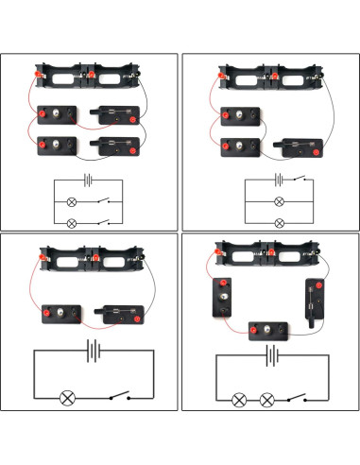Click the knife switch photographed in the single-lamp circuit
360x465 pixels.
pos(120,313)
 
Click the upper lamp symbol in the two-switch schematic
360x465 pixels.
pos(71,202)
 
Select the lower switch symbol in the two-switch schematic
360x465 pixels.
pos(106,222)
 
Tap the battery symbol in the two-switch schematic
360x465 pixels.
pos(89,179)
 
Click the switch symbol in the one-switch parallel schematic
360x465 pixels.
pos(300,179)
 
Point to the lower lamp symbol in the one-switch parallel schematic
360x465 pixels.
pos(278,222)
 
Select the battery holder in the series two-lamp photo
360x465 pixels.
pos(269,257)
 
